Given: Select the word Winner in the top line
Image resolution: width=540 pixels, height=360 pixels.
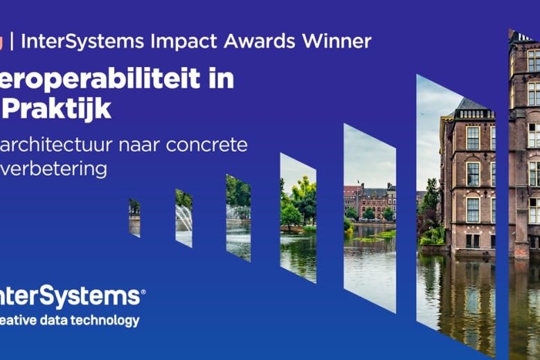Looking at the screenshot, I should pyautogui.click(x=335, y=41).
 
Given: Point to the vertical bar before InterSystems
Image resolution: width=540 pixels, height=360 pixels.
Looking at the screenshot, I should pyautogui.click(x=12, y=41).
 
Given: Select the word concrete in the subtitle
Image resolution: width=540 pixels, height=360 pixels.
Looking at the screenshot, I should pyautogui.click(x=207, y=145).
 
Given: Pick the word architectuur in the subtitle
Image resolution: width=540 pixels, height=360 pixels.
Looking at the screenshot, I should pyautogui.click(x=55, y=145).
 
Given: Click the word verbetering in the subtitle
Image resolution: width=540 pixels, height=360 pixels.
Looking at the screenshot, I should pyautogui.click(x=55, y=169).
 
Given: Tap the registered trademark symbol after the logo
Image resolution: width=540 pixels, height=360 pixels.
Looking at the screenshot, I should pyautogui.click(x=143, y=293).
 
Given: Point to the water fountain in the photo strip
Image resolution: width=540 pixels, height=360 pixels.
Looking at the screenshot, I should pyautogui.click(x=183, y=219).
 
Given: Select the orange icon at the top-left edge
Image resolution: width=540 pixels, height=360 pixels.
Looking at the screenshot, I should pyautogui.click(x=1, y=41).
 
